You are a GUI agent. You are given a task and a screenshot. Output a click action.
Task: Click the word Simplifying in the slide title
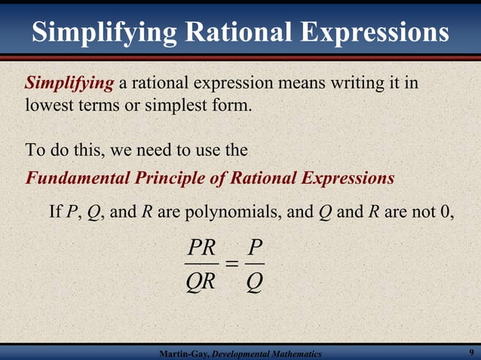tap(105, 32)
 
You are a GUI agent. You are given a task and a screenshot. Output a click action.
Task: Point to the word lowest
tap(49, 105)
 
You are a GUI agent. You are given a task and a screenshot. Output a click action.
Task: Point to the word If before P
tap(55, 211)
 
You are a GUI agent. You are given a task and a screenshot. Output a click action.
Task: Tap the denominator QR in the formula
tap(201, 282)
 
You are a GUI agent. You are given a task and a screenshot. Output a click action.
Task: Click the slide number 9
tap(471, 352)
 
